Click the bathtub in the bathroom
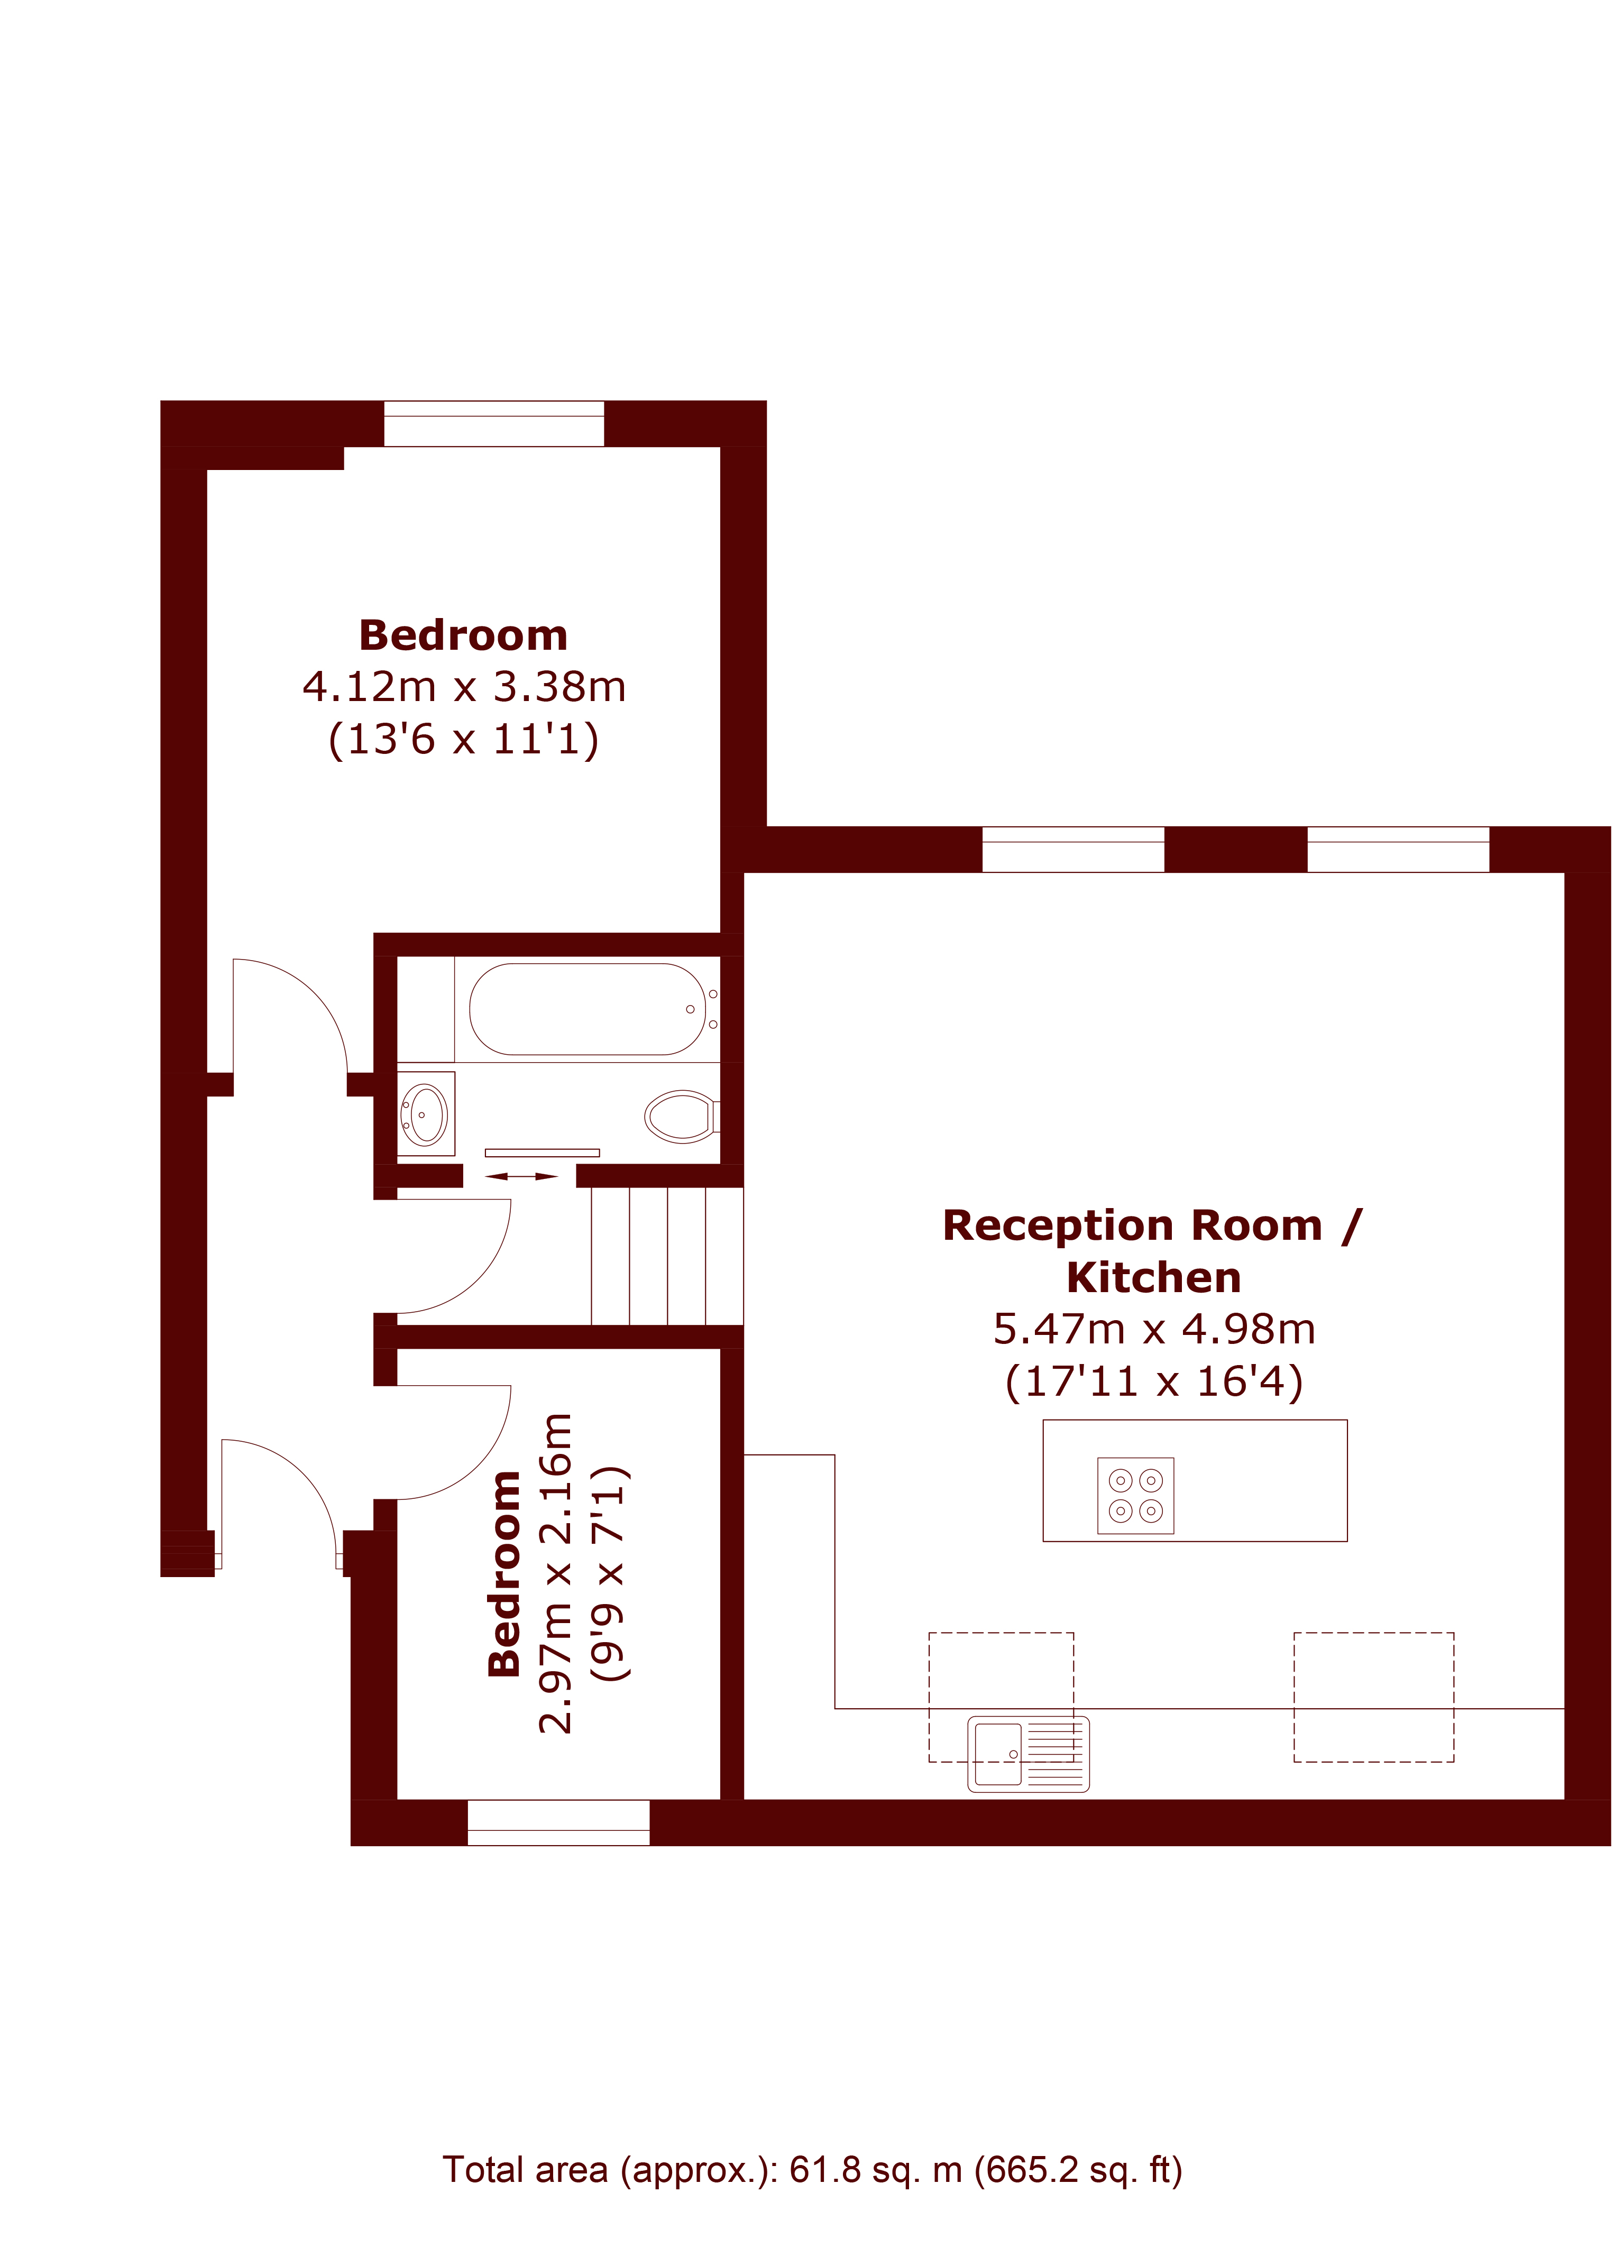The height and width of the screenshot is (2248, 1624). (588, 1009)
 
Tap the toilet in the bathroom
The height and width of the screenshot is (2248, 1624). (682, 1116)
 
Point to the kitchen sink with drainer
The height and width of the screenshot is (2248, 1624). (1028, 1754)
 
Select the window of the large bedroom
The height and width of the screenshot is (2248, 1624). (494, 423)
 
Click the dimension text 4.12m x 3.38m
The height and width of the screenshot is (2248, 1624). (464, 687)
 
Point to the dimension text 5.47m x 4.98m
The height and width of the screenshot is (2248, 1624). (1154, 1329)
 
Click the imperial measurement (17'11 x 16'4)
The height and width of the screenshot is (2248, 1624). (1154, 1381)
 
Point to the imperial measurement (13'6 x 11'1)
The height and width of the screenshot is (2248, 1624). (464, 740)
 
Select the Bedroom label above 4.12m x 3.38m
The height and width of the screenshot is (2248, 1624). (464, 635)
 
